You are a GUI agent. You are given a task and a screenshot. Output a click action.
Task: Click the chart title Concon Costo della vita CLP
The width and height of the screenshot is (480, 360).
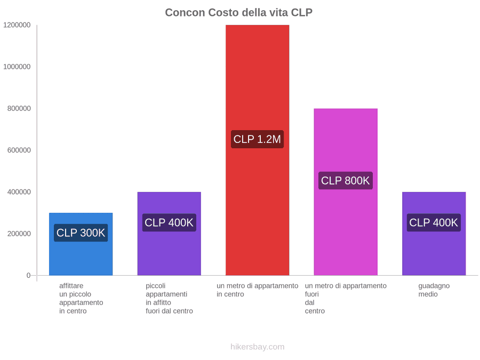coord(238,13)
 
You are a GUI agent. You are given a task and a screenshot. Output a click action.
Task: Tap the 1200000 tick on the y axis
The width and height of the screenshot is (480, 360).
coord(17,25)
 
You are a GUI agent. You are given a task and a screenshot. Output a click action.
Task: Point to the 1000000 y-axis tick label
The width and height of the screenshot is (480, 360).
coord(17,67)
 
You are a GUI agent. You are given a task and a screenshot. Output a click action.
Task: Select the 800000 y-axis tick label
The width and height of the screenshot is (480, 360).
coord(19,108)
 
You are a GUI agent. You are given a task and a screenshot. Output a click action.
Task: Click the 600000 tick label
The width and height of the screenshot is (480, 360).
coord(19,150)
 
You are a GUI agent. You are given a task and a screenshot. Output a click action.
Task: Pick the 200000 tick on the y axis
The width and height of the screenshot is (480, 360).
coord(19,234)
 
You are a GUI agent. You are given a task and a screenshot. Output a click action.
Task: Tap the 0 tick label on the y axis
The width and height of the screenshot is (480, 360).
coord(28,276)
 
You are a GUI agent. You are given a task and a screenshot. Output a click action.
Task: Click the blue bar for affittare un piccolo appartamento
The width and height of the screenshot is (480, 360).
coord(81,244)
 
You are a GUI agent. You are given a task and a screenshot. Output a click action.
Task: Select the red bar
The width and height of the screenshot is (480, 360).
coord(258,150)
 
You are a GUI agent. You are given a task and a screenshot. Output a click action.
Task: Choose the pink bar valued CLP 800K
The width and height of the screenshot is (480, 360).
coord(346,192)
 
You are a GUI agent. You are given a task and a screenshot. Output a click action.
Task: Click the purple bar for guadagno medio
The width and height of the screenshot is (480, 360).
coord(434,234)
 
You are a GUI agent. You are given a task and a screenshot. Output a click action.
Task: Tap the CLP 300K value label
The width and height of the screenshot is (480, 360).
coord(81,233)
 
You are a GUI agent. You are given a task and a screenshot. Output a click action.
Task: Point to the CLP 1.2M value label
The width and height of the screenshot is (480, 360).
coord(257,139)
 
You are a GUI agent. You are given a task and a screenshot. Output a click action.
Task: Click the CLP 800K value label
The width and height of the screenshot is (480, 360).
coord(345,181)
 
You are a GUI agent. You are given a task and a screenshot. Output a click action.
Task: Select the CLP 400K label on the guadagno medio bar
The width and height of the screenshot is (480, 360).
coord(434,222)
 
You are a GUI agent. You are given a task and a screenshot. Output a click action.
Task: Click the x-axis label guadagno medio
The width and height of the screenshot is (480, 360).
coord(434,290)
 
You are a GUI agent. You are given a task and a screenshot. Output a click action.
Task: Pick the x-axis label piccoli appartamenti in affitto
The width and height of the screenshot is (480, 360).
coord(169,299)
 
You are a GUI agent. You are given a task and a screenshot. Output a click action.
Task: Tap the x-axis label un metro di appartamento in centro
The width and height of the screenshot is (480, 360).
coord(258,290)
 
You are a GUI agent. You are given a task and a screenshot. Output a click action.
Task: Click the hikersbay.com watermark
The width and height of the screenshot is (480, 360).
coord(258,347)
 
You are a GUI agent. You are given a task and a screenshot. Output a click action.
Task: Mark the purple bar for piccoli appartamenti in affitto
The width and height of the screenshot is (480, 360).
coord(169,234)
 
